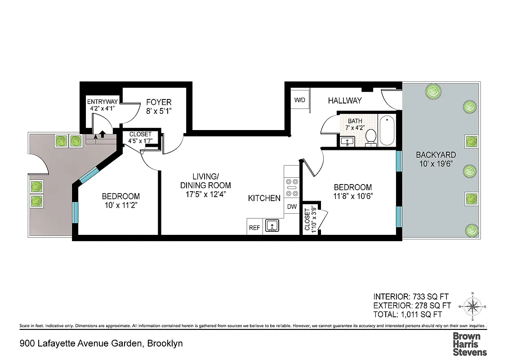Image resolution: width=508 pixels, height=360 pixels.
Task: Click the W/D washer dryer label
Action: pyautogui.click(x=300, y=100)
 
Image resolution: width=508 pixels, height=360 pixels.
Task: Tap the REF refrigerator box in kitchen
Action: pyautogui.click(x=254, y=228)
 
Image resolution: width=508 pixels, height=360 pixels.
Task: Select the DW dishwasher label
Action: pyautogui.click(x=292, y=207)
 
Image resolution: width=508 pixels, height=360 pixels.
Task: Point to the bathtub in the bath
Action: pyautogui.click(x=387, y=131)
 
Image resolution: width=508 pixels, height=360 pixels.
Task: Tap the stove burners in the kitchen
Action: pyautogui.click(x=292, y=188)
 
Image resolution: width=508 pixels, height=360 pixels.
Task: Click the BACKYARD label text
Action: pyautogui.click(x=435, y=155)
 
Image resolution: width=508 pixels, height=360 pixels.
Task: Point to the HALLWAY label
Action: pyautogui.click(x=344, y=101)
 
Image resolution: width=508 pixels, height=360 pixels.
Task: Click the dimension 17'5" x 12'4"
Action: pyautogui.click(x=205, y=194)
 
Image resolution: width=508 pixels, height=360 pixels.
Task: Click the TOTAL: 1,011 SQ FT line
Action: pyautogui.click(x=407, y=315)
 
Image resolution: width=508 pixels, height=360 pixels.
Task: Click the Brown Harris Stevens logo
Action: pyautogui.click(x=469, y=344)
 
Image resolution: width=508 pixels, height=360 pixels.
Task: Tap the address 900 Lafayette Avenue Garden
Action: pyautogui.click(x=81, y=344)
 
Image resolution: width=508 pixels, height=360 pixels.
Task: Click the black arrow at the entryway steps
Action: pyautogui.click(x=102, y=134)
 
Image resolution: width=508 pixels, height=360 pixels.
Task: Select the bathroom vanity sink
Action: pyautogui.click(x=347, y=142)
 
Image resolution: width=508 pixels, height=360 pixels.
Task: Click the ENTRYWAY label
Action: pyautogui.click(x=102, y=102)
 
